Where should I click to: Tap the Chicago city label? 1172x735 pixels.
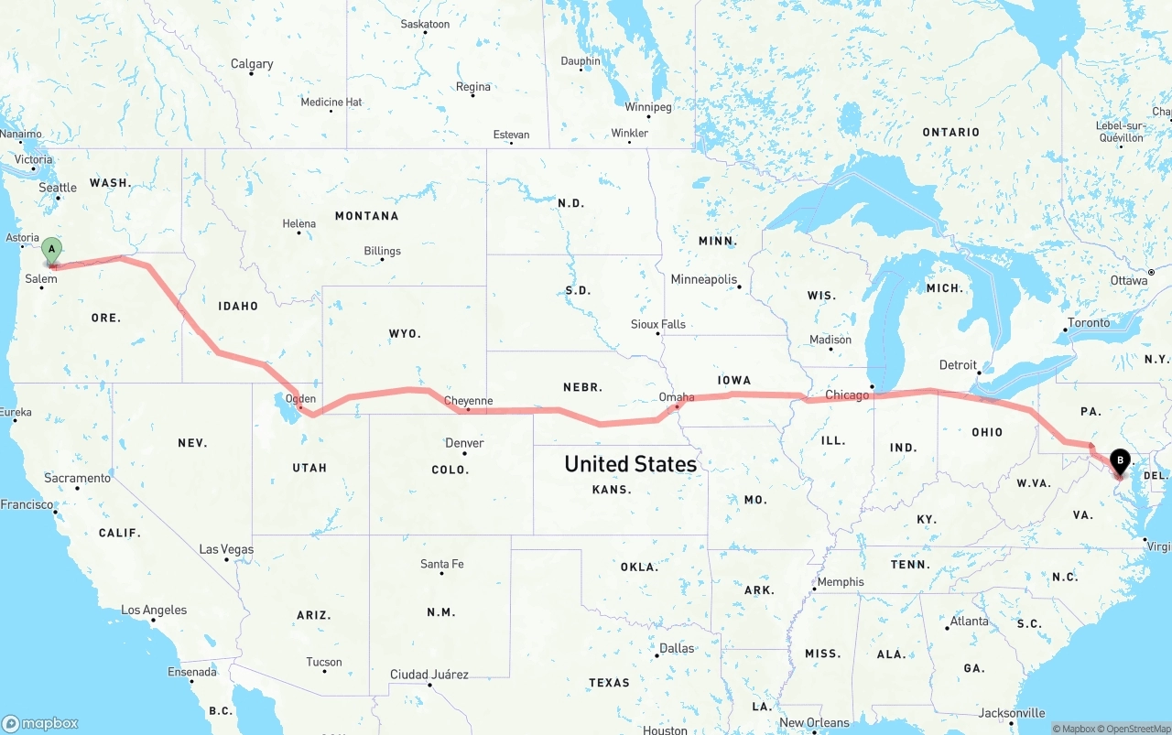(x=847, y=395)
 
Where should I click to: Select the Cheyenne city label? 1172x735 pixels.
(x=468, y=401)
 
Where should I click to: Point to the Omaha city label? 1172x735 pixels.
(x=677, y=397)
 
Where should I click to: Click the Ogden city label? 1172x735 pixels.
(x=300, y=398)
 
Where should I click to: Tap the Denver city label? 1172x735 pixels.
(x=464, y=443)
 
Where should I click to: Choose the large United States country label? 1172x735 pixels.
(x=630, y=464)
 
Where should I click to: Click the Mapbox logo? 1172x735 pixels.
(x=41, y=723)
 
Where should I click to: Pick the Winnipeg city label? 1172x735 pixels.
(x=648, y=107)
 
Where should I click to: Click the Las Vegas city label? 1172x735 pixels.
(x=226, y=549)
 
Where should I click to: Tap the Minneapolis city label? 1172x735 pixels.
(x=704, y=279)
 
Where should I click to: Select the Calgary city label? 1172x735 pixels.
(x=252, y=64)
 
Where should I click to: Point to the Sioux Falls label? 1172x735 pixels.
(x=657, y=324)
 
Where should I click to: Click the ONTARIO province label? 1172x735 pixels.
(x=950, y=133)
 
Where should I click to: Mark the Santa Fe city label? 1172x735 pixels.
(x=441, y=564)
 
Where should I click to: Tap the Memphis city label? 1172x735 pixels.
(x=840, y=582)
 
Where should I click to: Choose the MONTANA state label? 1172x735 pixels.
(x=366, y=216)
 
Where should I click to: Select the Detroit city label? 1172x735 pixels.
(x=958, y=365)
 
